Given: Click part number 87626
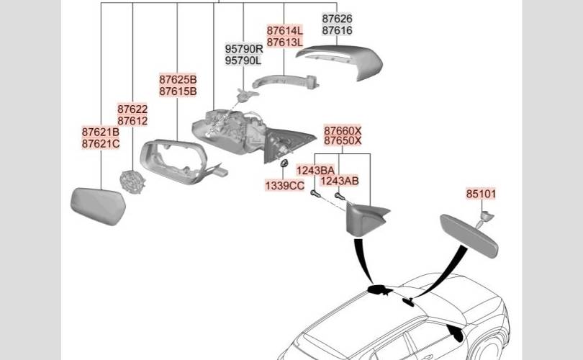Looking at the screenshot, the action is pos(337,19).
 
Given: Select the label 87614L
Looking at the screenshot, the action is pos(285,30).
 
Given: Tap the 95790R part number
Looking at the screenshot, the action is pos(244,49).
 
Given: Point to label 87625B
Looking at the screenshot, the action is pos(178,80).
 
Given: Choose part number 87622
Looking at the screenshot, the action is pos(132,109).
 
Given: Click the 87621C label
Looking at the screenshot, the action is pos(101,143).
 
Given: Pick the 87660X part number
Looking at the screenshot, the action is pos(343,130).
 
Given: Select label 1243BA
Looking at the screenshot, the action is pos(315,171).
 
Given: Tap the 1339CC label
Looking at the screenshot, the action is pos(285,186).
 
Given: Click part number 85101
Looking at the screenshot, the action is pos(481,194).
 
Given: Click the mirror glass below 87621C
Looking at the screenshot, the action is pos(98,206).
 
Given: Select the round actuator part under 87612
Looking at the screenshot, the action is pos(132,182).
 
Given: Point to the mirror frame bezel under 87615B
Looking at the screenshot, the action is pos(175,162).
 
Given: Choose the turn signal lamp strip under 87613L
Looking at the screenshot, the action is pos(286,82).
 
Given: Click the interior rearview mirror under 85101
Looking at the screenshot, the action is pos(469,235).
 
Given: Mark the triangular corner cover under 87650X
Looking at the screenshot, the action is pos(366,220).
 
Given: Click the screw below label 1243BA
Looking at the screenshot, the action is pos(315,194).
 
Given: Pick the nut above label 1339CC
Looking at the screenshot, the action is pos(284,163).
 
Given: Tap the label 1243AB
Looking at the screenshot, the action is pos(340,181).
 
